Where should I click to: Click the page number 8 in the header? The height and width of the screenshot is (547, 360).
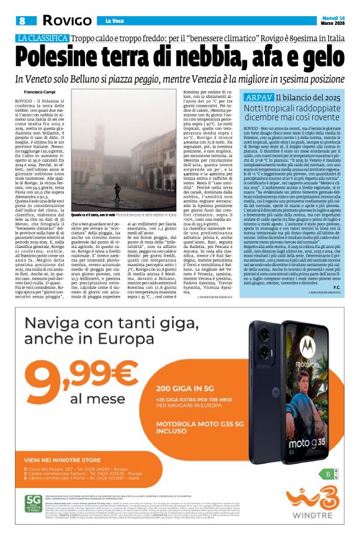(22, 21)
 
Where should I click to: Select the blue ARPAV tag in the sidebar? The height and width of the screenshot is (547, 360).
(259, 98)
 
